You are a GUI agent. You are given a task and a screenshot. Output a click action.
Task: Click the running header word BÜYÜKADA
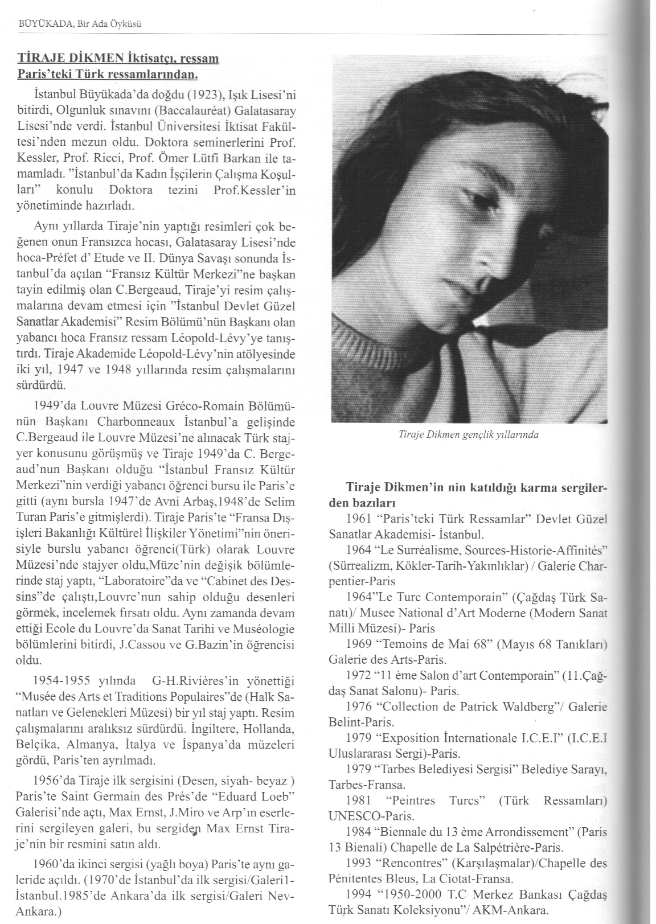coord(38,24)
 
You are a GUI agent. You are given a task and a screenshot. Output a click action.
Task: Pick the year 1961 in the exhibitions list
coord(358,519)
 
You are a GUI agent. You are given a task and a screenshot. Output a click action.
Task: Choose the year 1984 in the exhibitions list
coord(358,831)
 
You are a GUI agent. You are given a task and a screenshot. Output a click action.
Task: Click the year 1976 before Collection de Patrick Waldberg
coord(358,708)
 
